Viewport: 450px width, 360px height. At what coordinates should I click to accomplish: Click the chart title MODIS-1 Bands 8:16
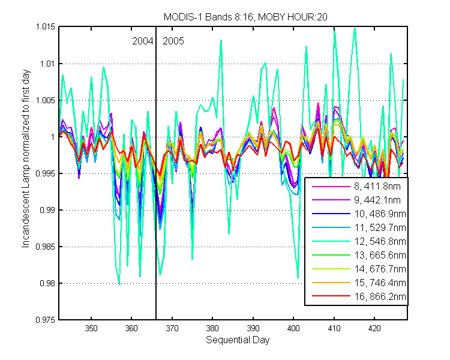point(208,17)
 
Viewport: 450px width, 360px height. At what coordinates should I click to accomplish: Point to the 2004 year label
point(142,41)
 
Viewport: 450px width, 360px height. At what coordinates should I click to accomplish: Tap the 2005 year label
point(173,41)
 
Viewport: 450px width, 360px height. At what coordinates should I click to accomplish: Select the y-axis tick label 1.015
point(46,26)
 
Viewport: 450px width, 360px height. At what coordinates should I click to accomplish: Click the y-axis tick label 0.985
point(46,247)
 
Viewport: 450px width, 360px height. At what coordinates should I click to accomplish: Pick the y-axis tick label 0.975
point(46,320)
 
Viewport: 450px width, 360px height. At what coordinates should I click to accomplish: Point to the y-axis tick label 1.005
point(46,100)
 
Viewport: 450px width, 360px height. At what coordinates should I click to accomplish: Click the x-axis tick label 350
point(91,328)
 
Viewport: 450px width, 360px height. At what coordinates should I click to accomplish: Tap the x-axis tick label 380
point(212,328)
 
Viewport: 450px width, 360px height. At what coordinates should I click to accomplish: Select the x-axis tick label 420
point(374,328)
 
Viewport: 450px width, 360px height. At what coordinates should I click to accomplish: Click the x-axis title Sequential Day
point(238,340)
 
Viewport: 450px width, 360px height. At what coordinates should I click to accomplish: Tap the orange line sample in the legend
point(331,283)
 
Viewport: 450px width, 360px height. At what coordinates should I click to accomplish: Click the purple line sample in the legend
point(331,200)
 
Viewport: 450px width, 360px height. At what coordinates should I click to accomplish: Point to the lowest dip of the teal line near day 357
point(119,284)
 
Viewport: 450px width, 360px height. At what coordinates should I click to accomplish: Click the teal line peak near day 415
point(355,28)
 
